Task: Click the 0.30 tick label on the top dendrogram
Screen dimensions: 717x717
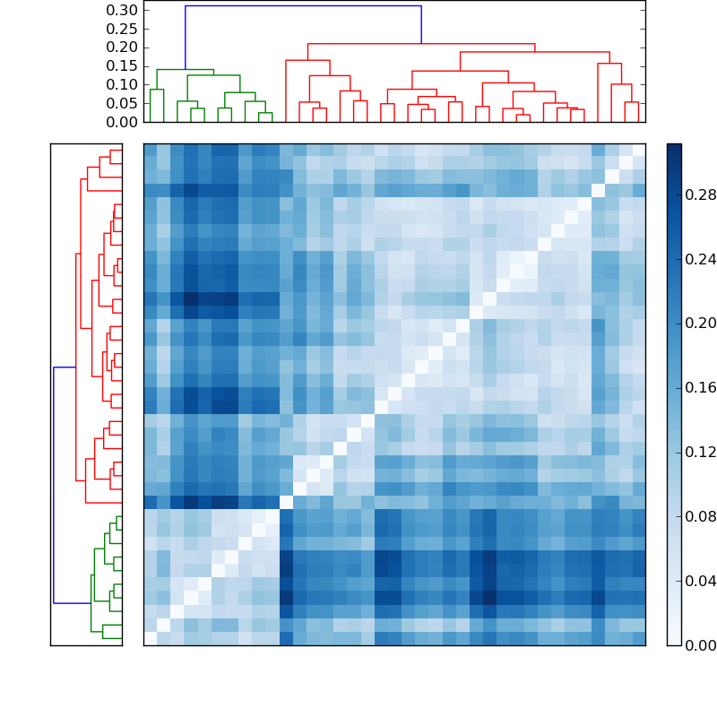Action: point(122,10)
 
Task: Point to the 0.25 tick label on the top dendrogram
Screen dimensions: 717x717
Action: point(122,29)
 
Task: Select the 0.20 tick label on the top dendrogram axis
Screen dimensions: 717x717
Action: point(122,47)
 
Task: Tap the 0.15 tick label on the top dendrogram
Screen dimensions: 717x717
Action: point(122,65)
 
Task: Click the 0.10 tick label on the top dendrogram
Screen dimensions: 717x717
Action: point(122,84)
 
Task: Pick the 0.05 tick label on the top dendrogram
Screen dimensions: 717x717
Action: point(122,103)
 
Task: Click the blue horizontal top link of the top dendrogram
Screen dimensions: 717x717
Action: point(303,6)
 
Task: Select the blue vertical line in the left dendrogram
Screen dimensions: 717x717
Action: point(54,484)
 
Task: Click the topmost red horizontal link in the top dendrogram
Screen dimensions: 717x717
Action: point(421,43)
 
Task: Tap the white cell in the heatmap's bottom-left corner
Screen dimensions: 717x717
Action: point(150,638)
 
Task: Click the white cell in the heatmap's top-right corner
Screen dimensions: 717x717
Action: point(638,150)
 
